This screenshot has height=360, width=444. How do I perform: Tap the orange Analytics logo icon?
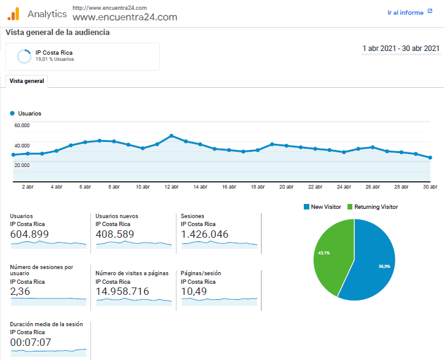click(14, 14)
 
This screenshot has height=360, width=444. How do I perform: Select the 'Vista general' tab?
click(26, 81)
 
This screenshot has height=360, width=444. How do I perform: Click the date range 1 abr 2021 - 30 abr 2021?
click(401, 49)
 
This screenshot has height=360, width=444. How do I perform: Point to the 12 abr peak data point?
click(172, 136)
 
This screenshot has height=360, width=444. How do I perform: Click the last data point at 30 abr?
click(430, 157)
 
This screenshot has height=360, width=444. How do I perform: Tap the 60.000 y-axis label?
click(22, 125)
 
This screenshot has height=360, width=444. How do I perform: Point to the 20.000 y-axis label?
click(22, 165)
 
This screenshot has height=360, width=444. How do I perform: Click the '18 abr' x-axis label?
click(258, 187)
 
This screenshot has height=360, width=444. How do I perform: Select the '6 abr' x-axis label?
click(85, 187)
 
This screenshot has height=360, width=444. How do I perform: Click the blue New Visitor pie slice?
click(371, 263)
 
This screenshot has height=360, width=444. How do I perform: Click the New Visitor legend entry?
click(322, 207)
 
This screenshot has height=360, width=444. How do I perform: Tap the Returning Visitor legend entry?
click(373, 207)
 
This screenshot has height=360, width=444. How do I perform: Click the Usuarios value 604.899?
click(30, 234)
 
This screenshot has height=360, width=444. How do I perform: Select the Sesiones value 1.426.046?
click(204, 234)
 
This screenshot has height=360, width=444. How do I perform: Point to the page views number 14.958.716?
click(122, 291)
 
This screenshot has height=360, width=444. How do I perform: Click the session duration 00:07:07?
click(31, 342)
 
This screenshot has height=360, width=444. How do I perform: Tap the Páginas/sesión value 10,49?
click(194, 291)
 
